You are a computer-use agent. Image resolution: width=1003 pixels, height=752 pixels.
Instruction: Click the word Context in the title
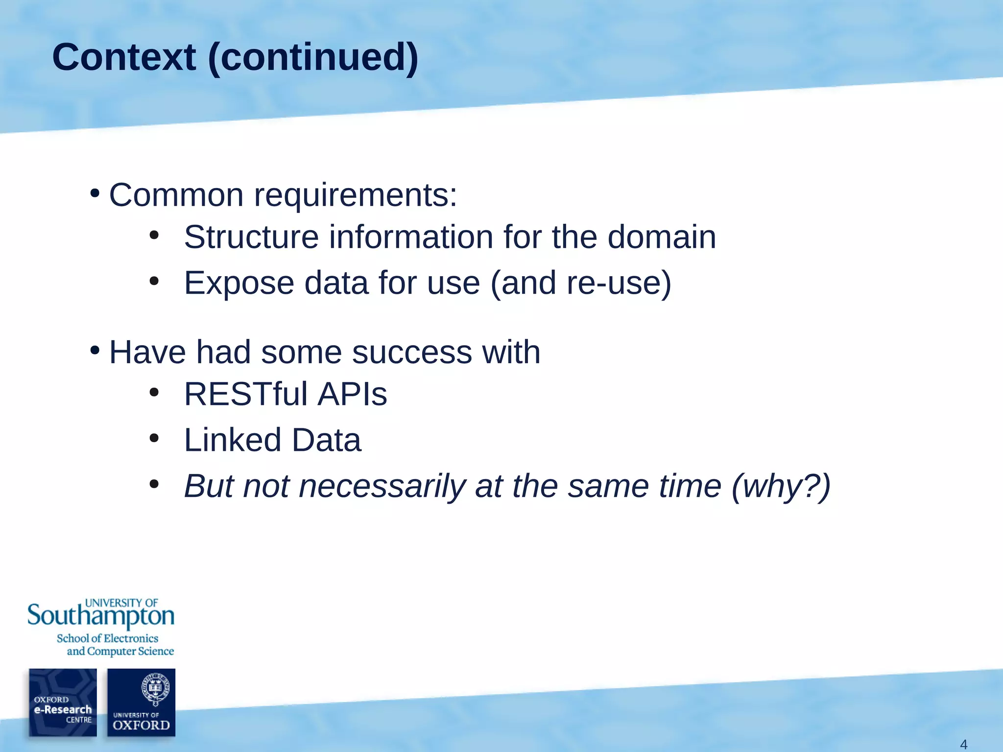point(124,57)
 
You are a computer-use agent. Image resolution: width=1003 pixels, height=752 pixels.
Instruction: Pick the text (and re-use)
point(581,283)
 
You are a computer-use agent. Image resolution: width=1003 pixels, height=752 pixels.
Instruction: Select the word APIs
point(352,394)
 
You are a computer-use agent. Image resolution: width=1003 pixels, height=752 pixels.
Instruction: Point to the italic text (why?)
point(781,486)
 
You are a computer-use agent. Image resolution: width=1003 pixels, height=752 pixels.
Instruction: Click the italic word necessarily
point(382,486)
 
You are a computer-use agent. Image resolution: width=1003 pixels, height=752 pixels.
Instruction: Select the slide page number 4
point(963,745)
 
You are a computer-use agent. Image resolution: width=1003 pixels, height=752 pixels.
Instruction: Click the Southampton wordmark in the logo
point(100,616)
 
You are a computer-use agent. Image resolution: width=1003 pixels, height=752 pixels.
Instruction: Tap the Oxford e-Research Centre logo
point(63,702)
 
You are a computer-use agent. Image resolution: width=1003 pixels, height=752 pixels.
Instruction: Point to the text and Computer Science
point(120,651)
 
